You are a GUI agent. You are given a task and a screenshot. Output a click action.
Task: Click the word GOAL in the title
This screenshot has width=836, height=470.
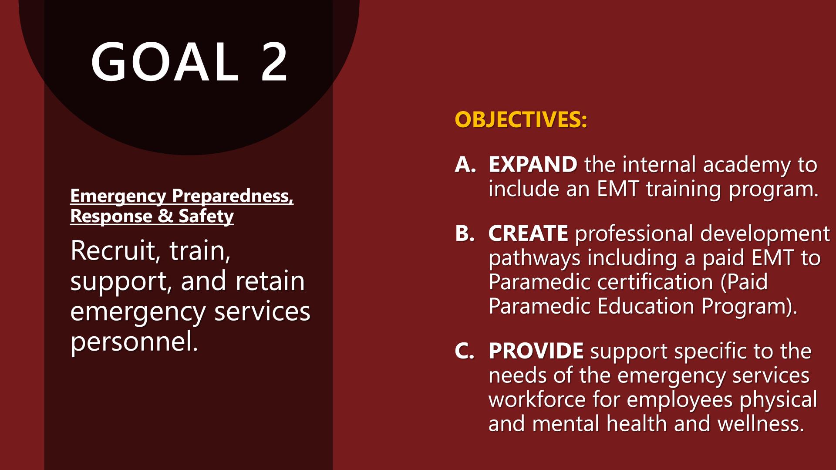(165, 62)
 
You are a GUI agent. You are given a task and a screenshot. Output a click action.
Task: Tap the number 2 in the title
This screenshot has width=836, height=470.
(274, 62)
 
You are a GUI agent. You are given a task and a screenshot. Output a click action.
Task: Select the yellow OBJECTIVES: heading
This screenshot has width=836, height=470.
(521, 119)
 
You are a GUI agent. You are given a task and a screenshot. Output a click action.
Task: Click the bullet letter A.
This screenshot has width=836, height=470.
(465, 165)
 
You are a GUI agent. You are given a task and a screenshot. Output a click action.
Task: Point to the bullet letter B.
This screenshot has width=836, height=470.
(465, 233)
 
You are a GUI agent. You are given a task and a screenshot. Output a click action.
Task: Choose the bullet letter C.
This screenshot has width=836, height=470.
(465, 351)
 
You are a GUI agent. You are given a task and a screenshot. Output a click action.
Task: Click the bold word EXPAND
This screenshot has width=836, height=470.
(533, 165)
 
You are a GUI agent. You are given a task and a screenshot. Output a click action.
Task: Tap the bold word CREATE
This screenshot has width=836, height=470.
(528, 233)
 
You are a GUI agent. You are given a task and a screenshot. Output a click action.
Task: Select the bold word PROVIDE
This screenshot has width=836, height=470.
(536, 351)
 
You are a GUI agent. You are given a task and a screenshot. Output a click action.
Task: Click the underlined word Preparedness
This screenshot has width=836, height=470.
(233, 196)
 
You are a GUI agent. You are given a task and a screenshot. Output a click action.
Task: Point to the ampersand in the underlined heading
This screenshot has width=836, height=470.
(165, 216)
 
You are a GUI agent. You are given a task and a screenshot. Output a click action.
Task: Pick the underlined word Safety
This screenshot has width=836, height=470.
(206, 216)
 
